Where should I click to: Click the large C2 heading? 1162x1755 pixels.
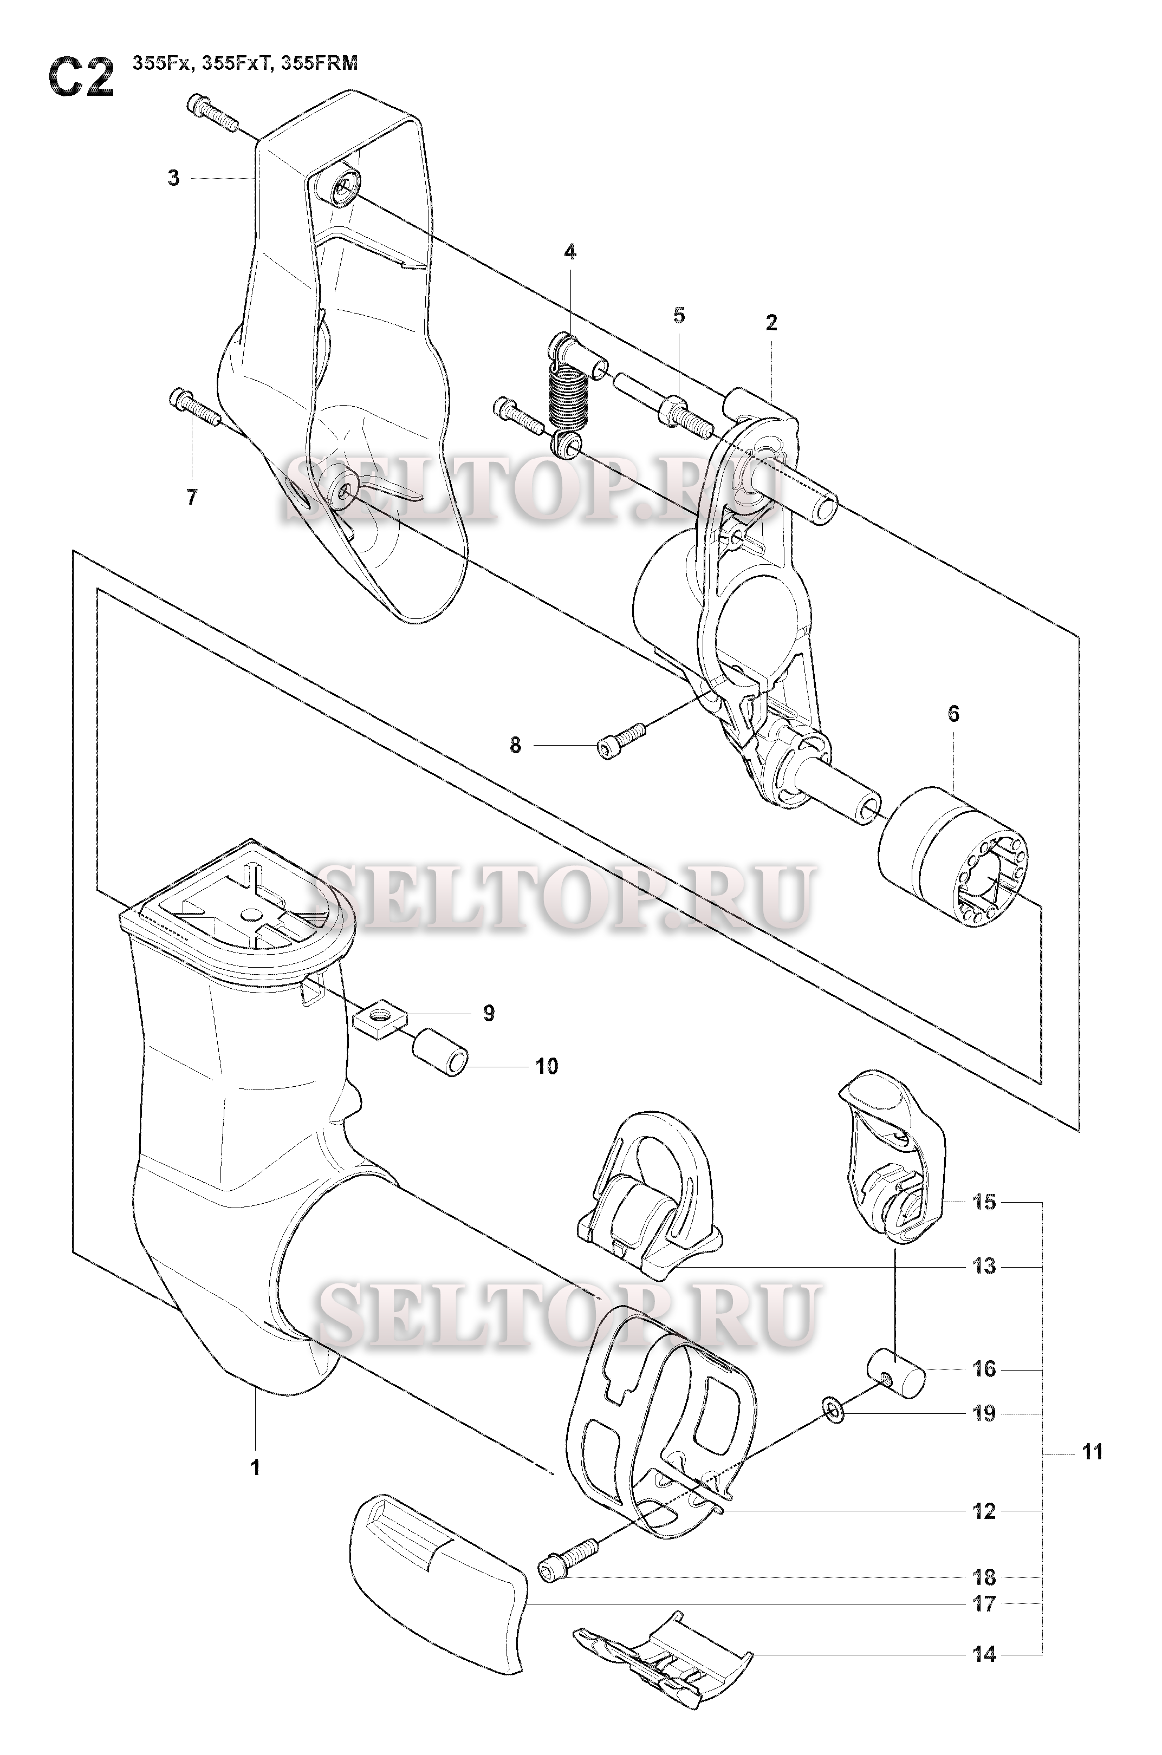[x=81, y=79]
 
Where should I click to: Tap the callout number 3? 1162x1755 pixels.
[x=173, y=179]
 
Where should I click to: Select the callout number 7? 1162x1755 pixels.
[x=192, y=497]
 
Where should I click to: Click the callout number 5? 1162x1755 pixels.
[x=679, y=316]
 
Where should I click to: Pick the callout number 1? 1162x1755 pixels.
[x=255, y=1467]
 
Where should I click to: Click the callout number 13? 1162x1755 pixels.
[x=984, y=1266]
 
